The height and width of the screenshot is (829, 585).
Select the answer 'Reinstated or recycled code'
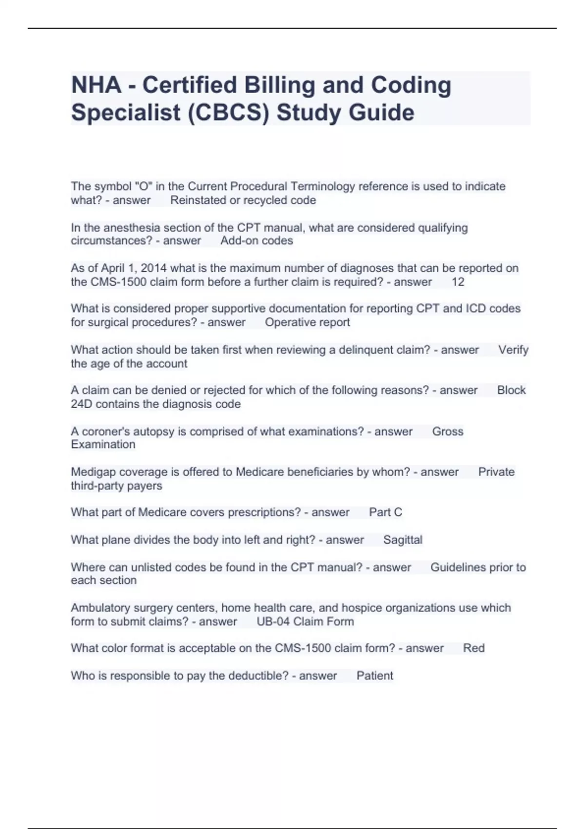[x=243, y=200]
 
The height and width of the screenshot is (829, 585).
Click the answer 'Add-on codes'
[x=256, y=241]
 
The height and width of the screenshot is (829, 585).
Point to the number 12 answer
[x=458, y=282]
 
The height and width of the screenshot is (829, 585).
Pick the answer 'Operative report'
[x=307, y=322]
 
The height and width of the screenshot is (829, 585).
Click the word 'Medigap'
[x=93, y=472]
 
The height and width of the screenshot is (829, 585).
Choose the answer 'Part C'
[x=385, y=513]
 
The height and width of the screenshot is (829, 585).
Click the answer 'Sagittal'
[x=403, y=540]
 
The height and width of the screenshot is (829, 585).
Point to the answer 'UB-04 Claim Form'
[x=305, y=622]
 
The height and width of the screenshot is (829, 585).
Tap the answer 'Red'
[x=473, y=648]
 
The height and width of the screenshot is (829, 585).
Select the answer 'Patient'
[x=374, y=676]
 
